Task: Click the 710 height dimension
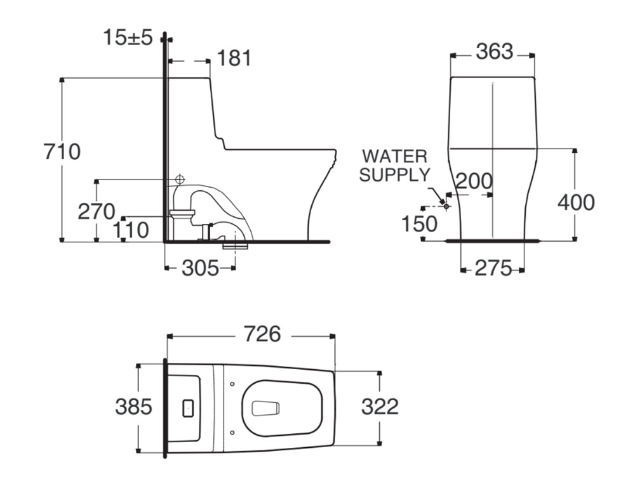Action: [x=62, y=152]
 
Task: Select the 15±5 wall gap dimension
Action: [x=128, y=37]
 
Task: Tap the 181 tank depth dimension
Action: [x=234, y=58]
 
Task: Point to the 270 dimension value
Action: [x=97, y=212]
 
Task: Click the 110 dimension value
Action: [x=130, y=231]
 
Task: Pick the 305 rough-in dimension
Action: [x=200, y=268]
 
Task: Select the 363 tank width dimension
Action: [x=495, y=52]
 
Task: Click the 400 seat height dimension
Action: [x=576, y=202]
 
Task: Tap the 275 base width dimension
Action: [x=493, y=268]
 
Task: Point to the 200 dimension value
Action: [x=474, y=181]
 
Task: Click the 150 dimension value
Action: [x=419, y=224]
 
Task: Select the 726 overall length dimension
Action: [x=262, y=334]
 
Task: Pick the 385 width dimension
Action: [x=133, y=407]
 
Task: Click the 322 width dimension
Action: [x=380, y=407]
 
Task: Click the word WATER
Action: [x=394, y=156]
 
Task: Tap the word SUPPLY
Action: [x=394, y=175]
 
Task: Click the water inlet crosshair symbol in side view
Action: [x=180, y=179]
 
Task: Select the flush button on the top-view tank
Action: [x=189, y=408]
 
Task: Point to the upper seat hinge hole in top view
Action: [x=232, y=384]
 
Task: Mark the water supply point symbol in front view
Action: [x=446, y=206]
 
